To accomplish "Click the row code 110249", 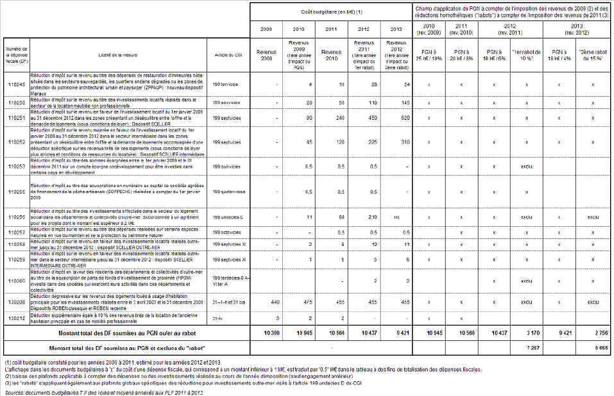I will click(15, 85).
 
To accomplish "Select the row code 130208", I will click(15, 301).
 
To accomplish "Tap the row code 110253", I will click(15, 166).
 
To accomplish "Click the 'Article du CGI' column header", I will click(228, 56).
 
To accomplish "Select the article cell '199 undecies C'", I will click(229, 217).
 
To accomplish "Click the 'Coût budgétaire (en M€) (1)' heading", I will click(331, 12).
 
